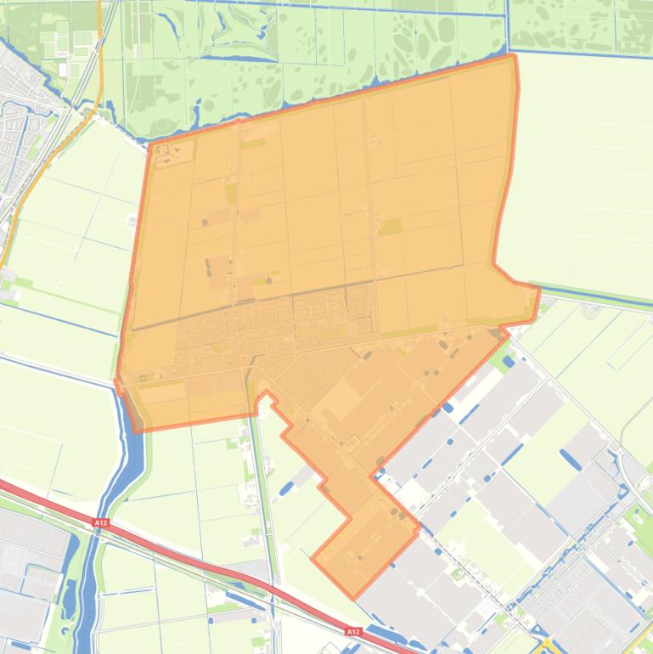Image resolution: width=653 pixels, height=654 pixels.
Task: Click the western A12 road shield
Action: [101, 522]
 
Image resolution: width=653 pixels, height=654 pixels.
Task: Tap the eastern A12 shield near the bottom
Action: [353, 632]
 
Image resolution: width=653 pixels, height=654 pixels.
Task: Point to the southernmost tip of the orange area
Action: [354, 597]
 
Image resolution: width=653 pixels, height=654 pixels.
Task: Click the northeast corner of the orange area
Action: [515, 56]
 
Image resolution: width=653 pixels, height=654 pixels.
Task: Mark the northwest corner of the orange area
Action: [150, 145]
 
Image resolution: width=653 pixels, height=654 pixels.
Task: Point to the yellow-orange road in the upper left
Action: [51, 153]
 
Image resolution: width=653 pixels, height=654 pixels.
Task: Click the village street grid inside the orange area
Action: [255, 327]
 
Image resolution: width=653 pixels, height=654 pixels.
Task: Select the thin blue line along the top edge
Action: [340, 3]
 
